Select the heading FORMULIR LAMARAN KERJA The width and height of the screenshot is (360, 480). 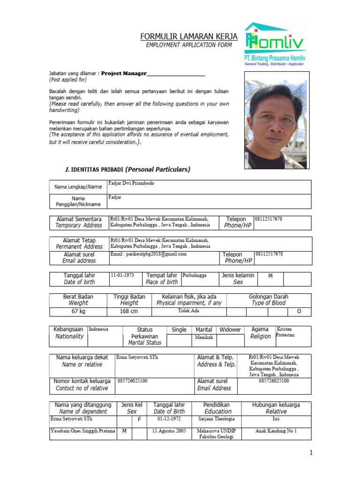click(189, 37)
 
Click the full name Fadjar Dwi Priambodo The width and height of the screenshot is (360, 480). click(131, 183)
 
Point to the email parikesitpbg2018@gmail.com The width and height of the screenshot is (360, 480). click(149, 254)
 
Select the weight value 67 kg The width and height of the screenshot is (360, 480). click(78, 311)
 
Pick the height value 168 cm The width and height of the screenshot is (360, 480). click(129, 311)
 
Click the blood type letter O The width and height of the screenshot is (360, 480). click(299, 312)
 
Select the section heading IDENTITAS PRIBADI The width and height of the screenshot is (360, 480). click(127, 169)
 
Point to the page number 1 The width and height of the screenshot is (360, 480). click(310, 452)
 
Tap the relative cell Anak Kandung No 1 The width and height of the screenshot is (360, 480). click(276, 431)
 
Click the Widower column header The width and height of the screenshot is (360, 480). click(230, 330)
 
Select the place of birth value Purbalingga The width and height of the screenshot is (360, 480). click(194, 276)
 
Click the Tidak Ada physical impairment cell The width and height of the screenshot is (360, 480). click(188, 311)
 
